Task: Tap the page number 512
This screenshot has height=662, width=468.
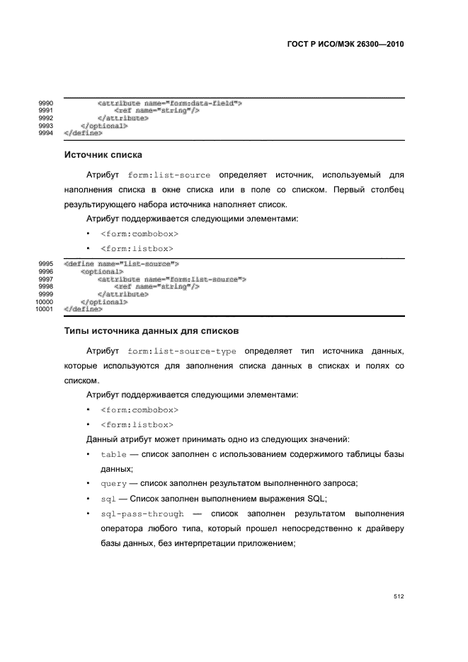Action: (399, 597)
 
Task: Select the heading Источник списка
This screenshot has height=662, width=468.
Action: (103, 154)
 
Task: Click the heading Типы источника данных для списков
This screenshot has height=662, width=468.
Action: (152, 330)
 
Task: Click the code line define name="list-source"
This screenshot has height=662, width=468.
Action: (121, 264)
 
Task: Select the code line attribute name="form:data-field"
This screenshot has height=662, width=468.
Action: (170, 103)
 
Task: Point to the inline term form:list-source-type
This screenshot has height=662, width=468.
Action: (182, 351)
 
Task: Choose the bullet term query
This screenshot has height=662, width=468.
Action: (114, 483)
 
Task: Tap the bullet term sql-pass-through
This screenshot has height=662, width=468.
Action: (142, 513)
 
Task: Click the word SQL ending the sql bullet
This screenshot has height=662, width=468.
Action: (315, 498)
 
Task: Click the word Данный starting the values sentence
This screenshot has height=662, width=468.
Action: (103, 439)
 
